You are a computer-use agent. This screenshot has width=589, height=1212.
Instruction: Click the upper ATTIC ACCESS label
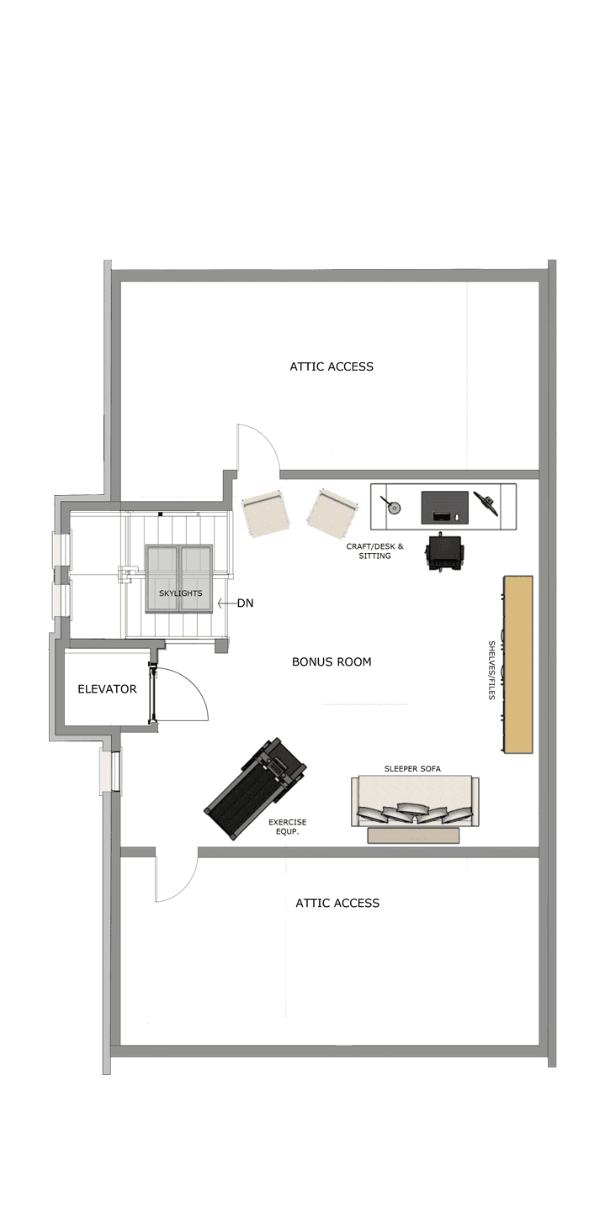[x=332, y=366]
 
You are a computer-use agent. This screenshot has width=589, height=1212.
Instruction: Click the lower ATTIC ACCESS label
[x=337, y=903]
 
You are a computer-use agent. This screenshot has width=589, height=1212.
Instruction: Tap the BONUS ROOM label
[x=332, y=661]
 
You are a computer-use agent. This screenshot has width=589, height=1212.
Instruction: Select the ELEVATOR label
[x=108, y=688]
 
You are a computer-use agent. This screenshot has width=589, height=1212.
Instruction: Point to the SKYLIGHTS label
[x=180, y=593]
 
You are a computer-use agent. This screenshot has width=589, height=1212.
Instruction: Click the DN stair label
[x=246, y=603]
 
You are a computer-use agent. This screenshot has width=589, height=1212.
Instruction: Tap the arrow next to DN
[x=226, y=603]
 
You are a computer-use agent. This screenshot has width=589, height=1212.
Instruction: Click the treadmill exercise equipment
[x=255, y=788]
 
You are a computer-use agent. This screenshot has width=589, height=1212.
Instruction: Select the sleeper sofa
[x=415, y=801]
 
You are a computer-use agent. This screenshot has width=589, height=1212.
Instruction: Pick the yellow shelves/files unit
[x=518, y=664]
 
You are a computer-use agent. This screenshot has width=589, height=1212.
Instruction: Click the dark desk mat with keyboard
[x=445, y=508]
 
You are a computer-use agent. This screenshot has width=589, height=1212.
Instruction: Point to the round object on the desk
[x=395, y=508]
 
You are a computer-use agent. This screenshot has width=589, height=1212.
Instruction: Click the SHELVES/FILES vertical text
[x=491, y=670]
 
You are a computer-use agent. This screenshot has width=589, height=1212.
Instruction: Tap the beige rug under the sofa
[x=413, y=835]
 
